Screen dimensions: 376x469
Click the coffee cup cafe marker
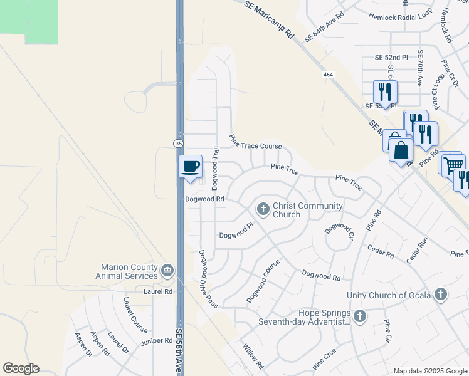tap(191, 167)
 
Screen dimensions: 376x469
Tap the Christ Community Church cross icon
tap(263, 209)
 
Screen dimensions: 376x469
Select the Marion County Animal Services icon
tap(167, 271)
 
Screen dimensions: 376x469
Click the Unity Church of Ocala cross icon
tap(441, 294)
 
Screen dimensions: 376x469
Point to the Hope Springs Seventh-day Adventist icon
tap(359, 316)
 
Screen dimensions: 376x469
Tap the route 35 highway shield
tap(178, 144)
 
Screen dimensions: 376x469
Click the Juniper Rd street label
tap(157, 341)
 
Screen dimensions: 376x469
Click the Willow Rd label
tap(253, 356)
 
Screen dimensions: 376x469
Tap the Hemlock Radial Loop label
tap(401, 16)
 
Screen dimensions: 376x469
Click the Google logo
tap(21, 368)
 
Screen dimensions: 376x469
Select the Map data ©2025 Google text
tap(429, 371)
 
